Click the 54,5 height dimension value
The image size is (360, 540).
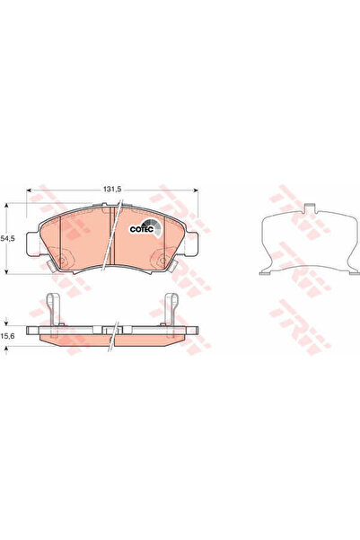click(x=9, y=240)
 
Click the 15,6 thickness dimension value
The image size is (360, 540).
click(x=9, y=333)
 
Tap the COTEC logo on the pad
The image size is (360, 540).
click(x=145, y=228)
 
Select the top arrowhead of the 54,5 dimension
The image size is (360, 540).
click(x=9, y=208)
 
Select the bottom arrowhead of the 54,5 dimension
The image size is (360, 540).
click(x=9, y=270)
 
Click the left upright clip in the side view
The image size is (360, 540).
click(x=57, y=310)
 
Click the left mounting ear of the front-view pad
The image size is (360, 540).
click(x=32, y=243)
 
